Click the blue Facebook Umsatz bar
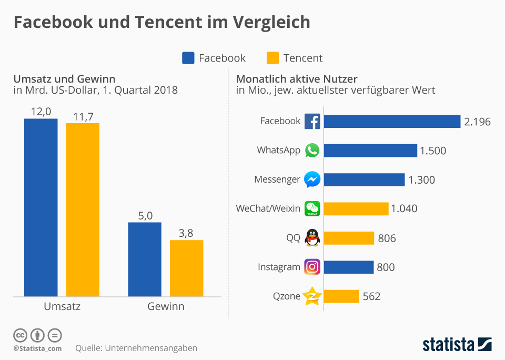coord(41,208)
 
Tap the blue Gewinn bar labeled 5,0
coord(145,259)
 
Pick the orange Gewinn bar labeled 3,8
coord(186,268)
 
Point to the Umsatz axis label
coord(62,306)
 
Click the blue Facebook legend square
coord(188,58)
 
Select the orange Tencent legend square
coord(272,58)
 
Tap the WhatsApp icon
coord(312,151)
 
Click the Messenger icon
coord(312,179)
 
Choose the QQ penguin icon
coord(312,238)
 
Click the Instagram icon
coord(312,267)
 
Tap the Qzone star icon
coord(312,296)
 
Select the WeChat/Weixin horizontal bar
coord(356,209)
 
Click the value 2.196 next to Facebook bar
coord(477,122)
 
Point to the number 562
coord(371,297)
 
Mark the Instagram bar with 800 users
coord(348,267)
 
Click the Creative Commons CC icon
coord(20,335)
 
